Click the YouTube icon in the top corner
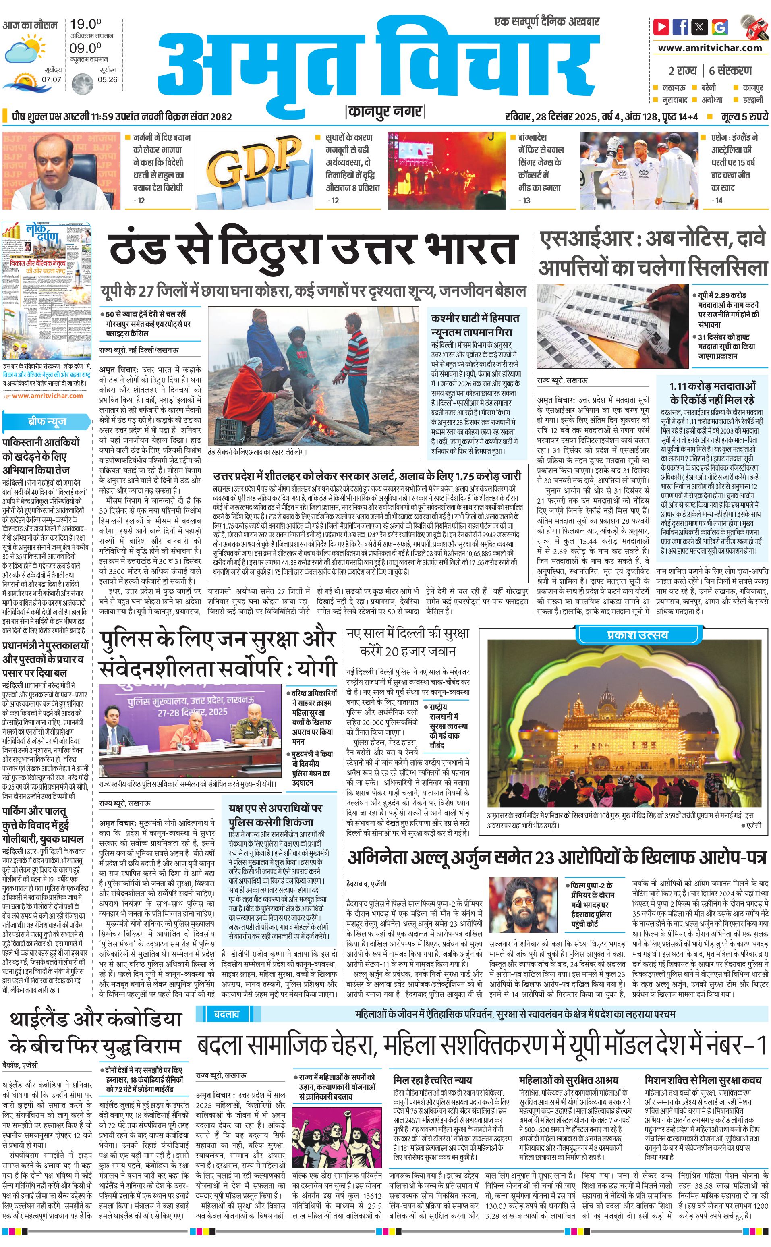[x=661, y=26]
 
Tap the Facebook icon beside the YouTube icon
[x=680, y=26]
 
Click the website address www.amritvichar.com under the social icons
[x=710, y=48]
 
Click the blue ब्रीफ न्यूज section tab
[x=47, y=421]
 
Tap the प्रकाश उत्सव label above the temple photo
[x=630, y=635]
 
